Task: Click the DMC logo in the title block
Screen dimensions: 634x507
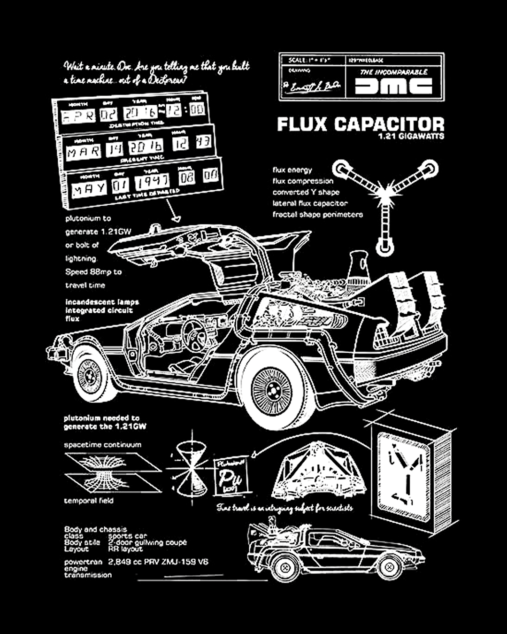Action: coord(393,86)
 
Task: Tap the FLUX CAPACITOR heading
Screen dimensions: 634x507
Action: coord(360,124)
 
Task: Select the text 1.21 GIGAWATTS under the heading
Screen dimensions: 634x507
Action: coord(411,136)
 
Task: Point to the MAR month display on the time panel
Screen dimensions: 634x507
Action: coord(83,152)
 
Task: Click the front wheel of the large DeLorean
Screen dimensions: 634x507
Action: coord(89,376)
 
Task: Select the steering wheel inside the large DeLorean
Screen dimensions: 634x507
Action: coord(194,333)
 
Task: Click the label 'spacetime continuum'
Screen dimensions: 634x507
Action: coord(102,444)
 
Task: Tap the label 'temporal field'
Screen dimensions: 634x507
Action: coord(89,501)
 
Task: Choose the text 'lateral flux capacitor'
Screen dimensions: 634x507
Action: coord(310,203)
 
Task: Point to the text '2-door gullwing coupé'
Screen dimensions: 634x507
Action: coord(147,542)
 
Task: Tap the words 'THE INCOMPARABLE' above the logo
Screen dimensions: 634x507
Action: coord(393,72)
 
